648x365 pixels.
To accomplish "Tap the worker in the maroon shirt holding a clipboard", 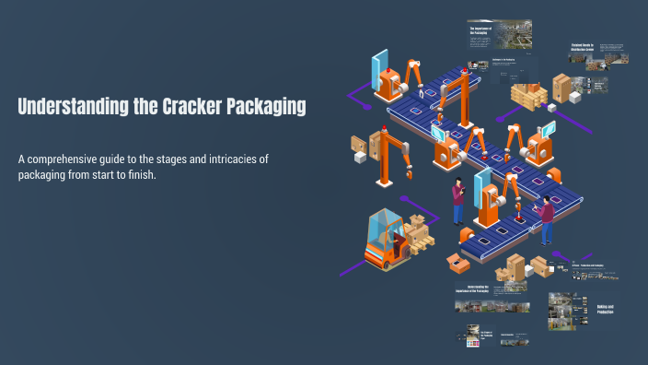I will pyautogui.click(x=458, y=200).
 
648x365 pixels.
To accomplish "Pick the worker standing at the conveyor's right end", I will pyautogui.click(x=547, y=219).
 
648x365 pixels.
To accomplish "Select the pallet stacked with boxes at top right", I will pyautogui.click(x=530, y=94).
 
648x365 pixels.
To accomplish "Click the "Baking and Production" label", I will pyautogui.click(x=604, y=310).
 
